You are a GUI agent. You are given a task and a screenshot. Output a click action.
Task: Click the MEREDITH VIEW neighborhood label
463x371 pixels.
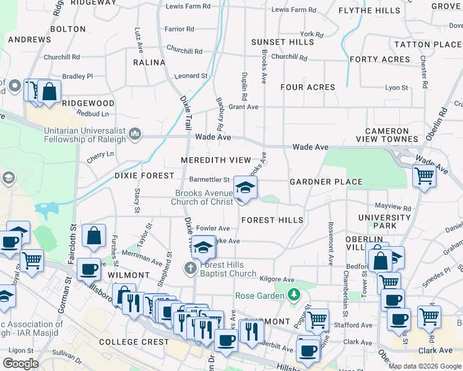click(x=216, y=160)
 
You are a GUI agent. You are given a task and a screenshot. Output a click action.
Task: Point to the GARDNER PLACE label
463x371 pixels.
click(x=326, y=182)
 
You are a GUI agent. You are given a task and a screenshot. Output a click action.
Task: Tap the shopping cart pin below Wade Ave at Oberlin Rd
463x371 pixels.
click(x=424, y=176)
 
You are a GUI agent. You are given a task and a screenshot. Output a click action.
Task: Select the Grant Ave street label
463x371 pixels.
click(x=243, y=107)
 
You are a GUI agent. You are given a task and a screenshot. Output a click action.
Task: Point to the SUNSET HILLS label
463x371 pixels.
click(x=282, y=42)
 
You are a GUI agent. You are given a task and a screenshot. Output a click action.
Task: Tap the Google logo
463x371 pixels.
click(x=20, y=364)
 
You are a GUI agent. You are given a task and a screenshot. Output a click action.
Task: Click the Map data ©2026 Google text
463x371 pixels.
click(x=425, y=366)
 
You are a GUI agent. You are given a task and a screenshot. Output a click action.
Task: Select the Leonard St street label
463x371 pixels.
click(x=191, y=76)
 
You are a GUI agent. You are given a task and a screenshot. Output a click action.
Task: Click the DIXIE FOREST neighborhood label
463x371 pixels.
click(x=144, y=176)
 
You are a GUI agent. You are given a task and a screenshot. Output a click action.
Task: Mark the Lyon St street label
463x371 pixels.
click(x=396, y=88)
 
